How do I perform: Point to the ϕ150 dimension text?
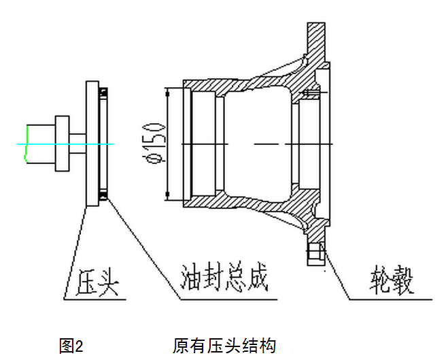[x=156, y=143]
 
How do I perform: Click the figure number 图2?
[x=71, y=346]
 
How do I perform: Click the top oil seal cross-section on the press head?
[x=104, y=91]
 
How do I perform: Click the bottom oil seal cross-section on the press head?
[x=104, y=196]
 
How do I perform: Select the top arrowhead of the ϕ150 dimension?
[x=168, y=92]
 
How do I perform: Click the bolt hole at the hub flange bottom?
[x=315, y=255]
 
